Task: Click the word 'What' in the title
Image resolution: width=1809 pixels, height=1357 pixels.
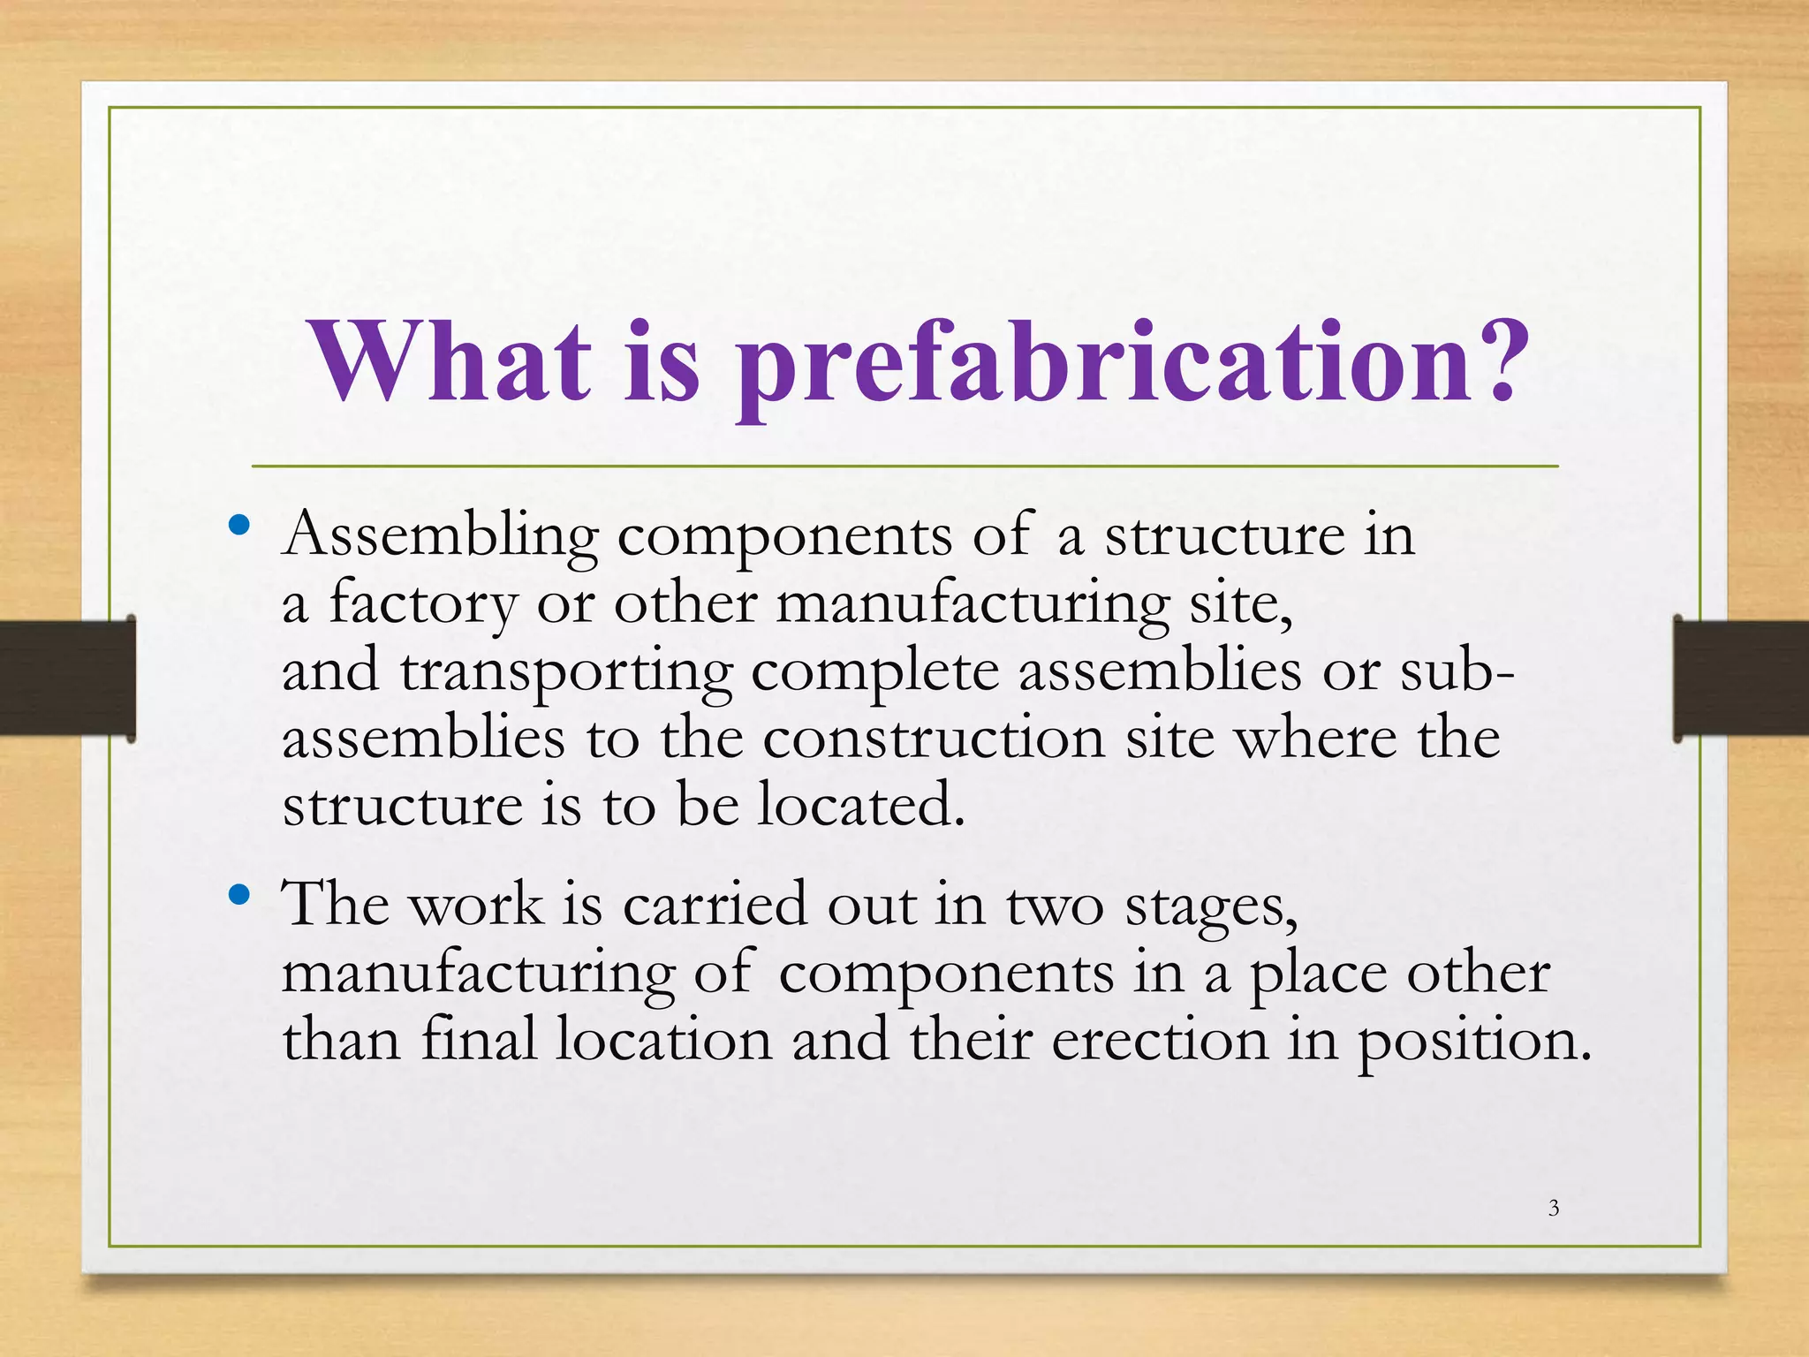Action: click(x=450, y=362)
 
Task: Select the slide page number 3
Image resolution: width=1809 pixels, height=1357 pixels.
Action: click(x=1554, y=1208)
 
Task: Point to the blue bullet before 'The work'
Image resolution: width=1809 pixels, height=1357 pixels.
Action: click(x=238, y=896)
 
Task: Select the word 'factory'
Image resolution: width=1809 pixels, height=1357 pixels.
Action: click(x=422, y=604)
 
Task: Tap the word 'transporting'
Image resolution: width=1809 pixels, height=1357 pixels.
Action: click(x=566, y=672)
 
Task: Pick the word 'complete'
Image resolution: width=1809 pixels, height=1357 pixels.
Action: click(x=874, y=672)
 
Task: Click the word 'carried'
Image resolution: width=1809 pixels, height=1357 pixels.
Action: click(x=715, y=905)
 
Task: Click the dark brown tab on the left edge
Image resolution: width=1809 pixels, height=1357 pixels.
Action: click(x=66, y=678)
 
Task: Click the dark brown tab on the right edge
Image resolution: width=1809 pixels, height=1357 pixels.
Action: click(x=1740, y=678)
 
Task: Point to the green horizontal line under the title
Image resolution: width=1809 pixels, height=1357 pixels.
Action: click(x=904, y=466)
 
